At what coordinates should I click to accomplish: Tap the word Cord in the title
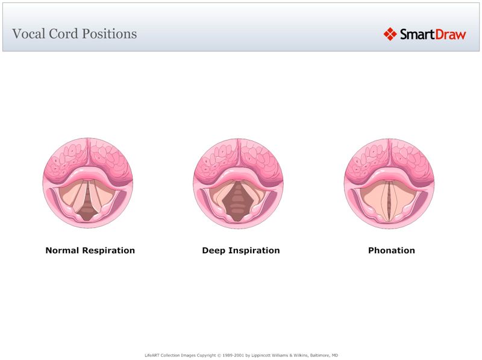pos(61,34)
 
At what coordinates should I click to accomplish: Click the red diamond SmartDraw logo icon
pos(390,34)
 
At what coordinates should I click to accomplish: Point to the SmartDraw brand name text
pos(433,34)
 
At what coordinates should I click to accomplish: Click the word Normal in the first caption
pos(62,250)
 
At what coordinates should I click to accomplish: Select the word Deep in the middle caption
pos(213,250)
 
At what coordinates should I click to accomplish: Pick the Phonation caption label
pos(392,250)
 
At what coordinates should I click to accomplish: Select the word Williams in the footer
pos(277,355)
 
